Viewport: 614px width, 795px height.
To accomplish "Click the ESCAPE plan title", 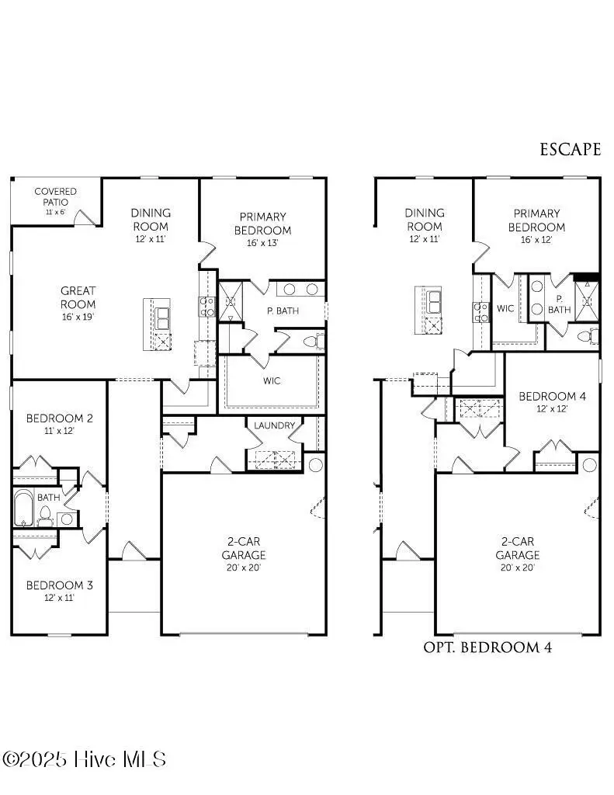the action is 570,149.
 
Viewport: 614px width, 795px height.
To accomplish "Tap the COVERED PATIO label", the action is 55,196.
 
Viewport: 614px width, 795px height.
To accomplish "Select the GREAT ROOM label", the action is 78,297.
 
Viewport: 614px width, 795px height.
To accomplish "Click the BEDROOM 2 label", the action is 59,418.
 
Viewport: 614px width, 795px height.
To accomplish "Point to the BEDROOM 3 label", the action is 59,585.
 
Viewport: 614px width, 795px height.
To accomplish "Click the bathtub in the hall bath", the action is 23,508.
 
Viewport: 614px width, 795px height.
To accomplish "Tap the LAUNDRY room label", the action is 274,425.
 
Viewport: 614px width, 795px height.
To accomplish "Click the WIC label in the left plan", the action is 271,380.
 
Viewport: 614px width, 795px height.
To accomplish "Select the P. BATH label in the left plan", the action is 283,311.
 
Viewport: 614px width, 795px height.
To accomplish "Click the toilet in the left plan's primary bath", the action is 314,341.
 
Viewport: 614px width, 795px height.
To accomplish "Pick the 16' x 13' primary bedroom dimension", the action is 262,243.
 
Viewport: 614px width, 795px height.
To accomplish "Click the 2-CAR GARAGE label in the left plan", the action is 244,548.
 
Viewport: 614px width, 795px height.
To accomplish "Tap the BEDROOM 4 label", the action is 552,396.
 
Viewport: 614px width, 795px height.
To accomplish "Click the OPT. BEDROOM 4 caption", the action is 487,647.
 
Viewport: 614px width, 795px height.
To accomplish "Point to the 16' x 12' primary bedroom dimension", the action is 536,240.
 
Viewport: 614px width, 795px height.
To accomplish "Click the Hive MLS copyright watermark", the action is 84,759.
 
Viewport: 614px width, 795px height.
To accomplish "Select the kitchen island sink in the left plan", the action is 163,318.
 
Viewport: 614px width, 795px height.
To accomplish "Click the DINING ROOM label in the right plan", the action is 425,220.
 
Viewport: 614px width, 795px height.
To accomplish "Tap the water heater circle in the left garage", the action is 315,465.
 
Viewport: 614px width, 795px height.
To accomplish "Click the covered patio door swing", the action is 85,217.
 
